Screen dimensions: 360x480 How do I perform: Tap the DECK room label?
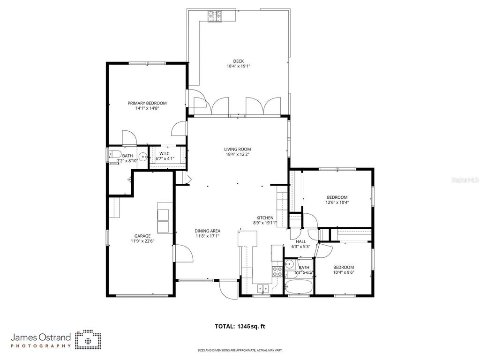(239, 61)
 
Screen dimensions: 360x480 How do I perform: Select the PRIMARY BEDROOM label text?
(147, 103)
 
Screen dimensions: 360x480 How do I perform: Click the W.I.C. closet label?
(165, 153)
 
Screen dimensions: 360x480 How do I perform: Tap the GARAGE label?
(142, 236)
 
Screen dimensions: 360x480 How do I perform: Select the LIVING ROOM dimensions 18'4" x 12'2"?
(238, 154)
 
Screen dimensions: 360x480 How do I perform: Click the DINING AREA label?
(208, 231)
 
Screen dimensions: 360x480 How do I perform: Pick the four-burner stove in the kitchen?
(277, 270)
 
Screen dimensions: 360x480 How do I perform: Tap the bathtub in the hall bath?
(299, 287)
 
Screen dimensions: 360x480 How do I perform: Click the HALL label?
(301, 241)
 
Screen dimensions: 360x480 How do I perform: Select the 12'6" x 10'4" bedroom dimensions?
(337, 202)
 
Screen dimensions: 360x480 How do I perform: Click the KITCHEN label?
(265, 217)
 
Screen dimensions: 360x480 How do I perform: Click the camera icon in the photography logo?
(89, 339)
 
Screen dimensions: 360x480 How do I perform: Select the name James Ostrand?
(41, 337)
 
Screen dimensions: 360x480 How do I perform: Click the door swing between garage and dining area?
(184, 253)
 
